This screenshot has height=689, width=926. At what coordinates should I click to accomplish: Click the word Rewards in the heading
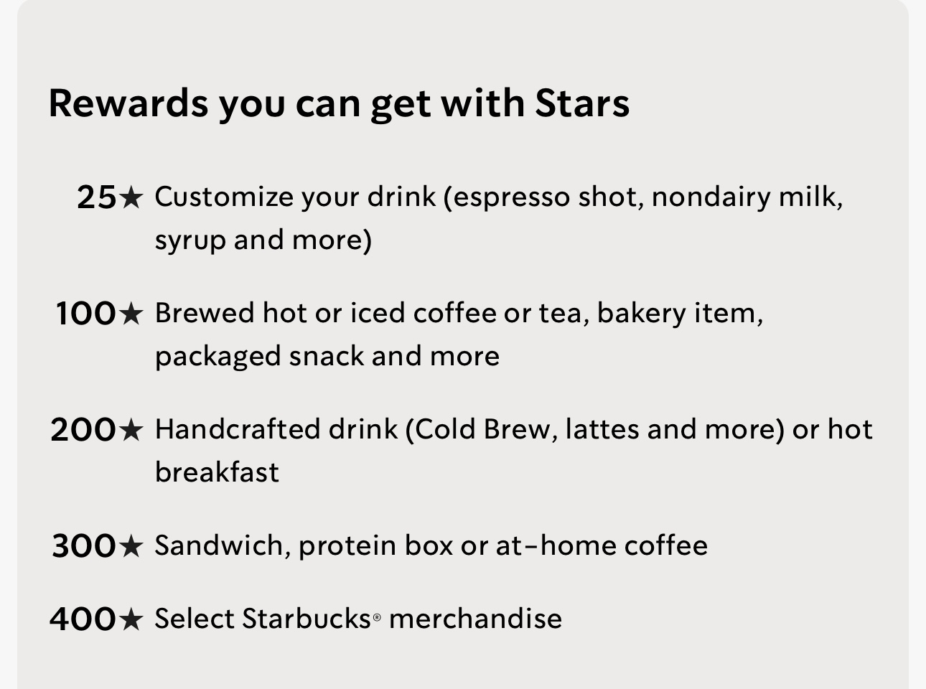128,103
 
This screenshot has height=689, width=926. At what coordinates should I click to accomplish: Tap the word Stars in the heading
582,103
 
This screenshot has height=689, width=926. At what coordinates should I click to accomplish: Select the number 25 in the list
96,197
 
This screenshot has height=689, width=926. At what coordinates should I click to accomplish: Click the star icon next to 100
131,313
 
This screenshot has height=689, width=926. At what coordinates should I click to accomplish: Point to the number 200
83,429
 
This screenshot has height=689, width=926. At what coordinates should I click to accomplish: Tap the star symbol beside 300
131,545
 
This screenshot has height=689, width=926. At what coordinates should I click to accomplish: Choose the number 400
83,619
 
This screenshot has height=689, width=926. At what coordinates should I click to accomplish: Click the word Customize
225,197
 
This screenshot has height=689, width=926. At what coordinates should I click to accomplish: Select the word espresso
512,198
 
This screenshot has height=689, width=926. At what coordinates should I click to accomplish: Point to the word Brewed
205,313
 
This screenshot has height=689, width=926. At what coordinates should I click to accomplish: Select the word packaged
218,358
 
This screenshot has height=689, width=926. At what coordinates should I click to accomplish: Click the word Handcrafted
237,429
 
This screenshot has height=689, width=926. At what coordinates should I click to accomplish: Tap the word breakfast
217,472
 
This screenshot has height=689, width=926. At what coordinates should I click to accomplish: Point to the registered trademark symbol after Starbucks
377,618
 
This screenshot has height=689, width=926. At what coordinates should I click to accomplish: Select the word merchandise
475,619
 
